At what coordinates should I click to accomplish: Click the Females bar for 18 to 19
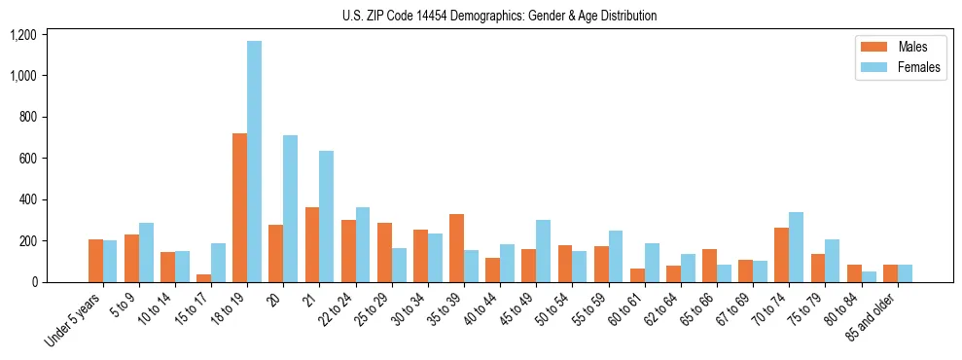(254, 162)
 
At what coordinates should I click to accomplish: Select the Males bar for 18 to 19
(239, 207)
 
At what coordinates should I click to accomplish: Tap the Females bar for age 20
(290, 208)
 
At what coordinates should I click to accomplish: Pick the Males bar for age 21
(312, 244)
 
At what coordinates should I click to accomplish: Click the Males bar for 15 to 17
(203, 278)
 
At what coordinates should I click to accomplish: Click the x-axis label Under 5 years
(74, 322)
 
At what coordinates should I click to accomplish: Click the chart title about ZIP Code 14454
(499, 16)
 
